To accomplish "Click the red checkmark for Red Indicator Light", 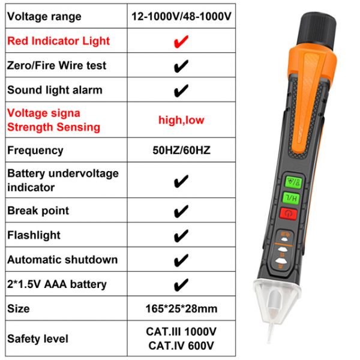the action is click(x=181, y=41).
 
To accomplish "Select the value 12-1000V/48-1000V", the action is click(x=181, y=16).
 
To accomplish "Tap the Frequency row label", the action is click(x=35, y=151).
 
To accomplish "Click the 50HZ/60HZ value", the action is click(x=181, y=151).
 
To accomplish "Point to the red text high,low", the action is click(x=181, y=120).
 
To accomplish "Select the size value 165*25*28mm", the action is click(x=181, y=308).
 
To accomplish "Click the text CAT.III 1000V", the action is click(x=181, y=332).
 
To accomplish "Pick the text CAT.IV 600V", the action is click(x=181, y=346).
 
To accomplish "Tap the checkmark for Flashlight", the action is click(x=181, y=236).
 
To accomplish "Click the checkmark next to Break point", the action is click(x=181, y=211).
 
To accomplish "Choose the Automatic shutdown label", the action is click(x=62, y=260).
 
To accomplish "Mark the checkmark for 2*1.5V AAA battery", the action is click(x=181, y=284).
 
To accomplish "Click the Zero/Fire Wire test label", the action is click(x=57, y=65).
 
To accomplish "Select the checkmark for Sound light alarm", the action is click(x=181, y=91).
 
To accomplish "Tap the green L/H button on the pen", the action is click(x=291, y=198).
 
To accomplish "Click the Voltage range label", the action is click(x=44, y=17).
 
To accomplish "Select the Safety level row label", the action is click(x=38, y=338).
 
